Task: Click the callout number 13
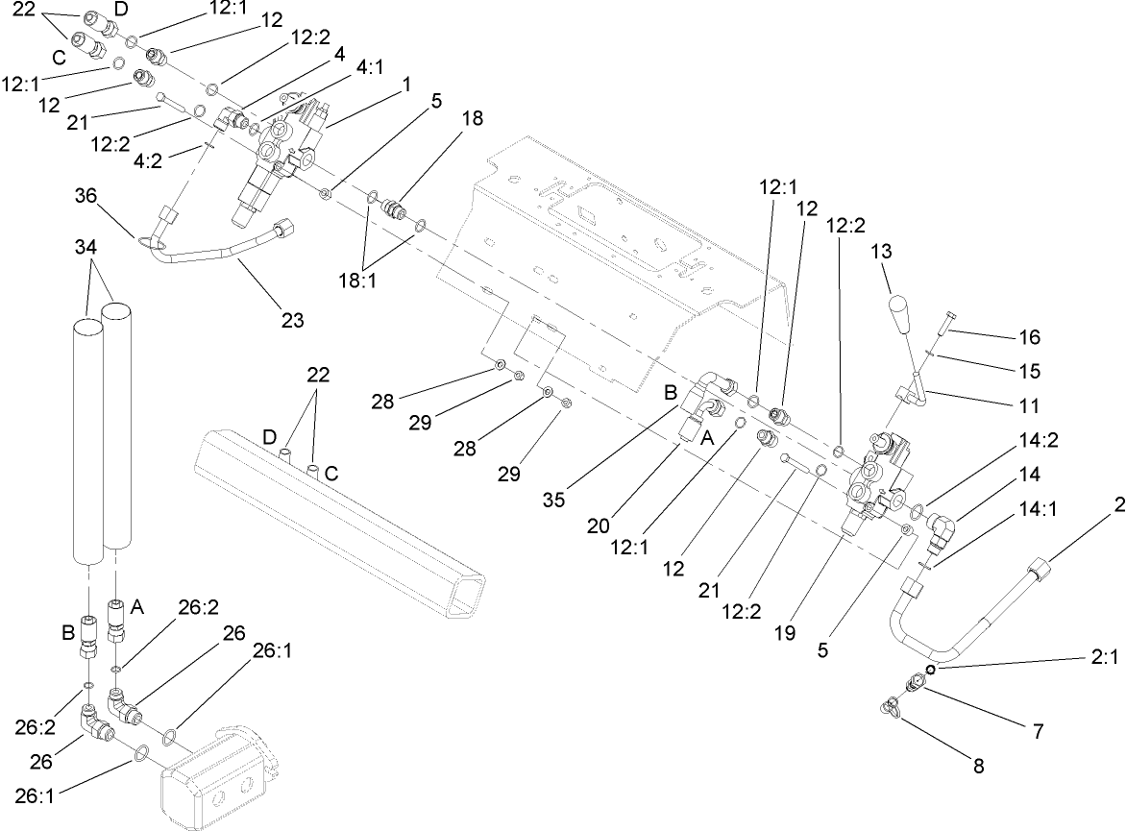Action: coord(880,254)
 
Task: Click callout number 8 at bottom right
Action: coord(978,766)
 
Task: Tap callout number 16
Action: coord(1029,337)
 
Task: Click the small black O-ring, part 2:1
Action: coord(931,669)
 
